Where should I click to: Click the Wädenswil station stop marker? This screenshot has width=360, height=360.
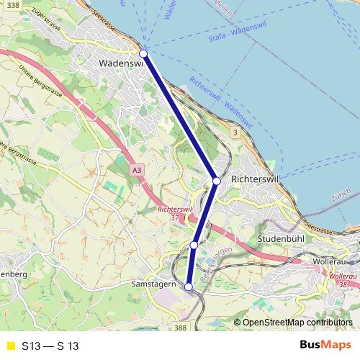click(x=143, y=53)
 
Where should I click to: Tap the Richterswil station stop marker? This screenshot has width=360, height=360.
click(x=216, y=181)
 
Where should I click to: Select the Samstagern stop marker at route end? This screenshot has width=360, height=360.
click(x=189, y=287)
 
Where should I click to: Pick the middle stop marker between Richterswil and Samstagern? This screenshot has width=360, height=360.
click(x=194, y=246)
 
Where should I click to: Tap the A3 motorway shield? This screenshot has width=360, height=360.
click(x=137, y=169)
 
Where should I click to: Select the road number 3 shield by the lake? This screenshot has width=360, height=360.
click(x=235, y=133)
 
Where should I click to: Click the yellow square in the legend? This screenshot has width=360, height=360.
click(x=10, y=346)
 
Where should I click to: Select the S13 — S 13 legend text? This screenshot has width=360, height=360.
click(x=50, y=346)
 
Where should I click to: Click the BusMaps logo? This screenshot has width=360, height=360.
click(x=325, y=345)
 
